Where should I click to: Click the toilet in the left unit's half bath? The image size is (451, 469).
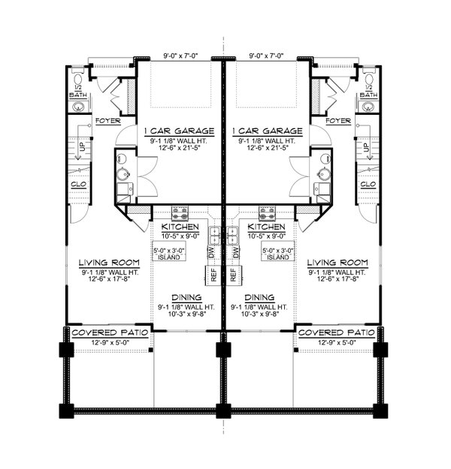click(80, 80)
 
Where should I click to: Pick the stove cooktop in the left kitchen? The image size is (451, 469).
click(180, 212)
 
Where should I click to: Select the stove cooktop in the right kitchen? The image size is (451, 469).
click(266, 212)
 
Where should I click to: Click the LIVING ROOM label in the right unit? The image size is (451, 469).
click(337, 263)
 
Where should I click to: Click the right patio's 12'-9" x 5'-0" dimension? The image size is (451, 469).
click(337, 342)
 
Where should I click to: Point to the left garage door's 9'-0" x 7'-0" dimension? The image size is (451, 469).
click(180, 54)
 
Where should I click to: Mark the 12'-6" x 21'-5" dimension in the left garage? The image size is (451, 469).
click(180, 148)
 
